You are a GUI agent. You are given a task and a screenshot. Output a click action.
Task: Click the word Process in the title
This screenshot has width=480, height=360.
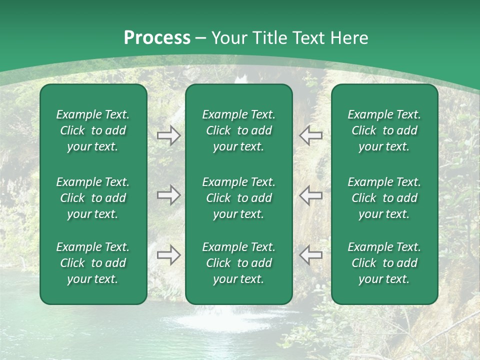[157, 38]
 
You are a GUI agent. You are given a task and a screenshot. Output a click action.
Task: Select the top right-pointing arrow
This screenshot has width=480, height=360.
[168, 135]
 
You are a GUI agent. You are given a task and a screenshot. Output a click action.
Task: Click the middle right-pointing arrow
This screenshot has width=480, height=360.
[168, 195]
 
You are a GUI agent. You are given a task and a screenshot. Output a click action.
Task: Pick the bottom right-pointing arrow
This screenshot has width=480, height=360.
[168, 255]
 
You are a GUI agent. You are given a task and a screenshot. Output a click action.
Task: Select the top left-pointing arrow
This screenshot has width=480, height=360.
[311, 135]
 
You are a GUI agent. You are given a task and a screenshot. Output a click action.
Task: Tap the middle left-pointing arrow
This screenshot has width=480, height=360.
[311, 195]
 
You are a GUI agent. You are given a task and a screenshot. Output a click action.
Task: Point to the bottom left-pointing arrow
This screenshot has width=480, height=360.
[311, 255]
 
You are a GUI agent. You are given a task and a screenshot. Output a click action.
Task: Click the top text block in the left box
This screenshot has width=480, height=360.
[93, 130]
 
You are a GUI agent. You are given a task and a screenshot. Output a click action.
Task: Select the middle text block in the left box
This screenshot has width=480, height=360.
[93, 198]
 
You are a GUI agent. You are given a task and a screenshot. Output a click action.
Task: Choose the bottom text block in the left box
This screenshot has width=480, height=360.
[93, 263]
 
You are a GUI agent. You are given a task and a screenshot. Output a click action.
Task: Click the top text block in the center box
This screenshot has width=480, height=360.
[238, 130]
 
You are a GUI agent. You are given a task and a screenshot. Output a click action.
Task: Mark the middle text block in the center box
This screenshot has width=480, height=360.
[238, 198]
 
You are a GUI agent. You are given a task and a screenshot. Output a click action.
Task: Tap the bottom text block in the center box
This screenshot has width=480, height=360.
[238, 263]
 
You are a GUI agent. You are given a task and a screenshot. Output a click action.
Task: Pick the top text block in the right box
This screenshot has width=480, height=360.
[384, 130]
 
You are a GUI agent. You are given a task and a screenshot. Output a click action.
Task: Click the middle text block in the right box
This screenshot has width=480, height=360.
[384, 198]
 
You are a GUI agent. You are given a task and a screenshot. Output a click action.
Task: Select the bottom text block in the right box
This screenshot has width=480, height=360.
[384, 263]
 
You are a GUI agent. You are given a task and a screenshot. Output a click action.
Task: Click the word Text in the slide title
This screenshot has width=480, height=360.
[305, 38]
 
